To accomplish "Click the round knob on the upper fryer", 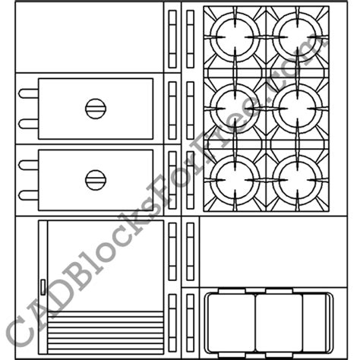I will [95, 109].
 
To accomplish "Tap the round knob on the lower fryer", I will [95, 180].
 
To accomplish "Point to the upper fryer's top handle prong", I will [28, 94].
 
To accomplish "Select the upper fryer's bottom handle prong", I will [28, 123].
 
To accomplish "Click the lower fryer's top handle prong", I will [28, 166].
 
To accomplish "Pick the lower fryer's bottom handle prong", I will [28, 194].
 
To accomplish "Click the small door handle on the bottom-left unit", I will [43, 286].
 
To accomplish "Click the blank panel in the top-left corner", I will [89, 36].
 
